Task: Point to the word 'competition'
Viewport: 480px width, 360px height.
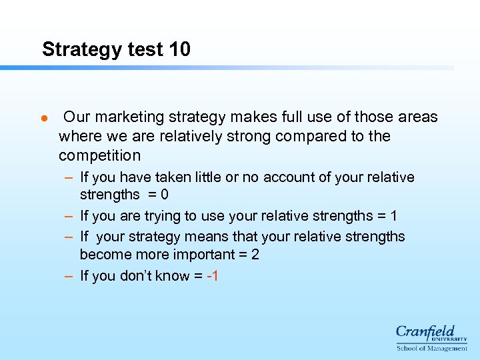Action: pyautogui.click(x=99, y=156)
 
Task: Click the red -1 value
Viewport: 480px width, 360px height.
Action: pyautogui.click(x=213, y=276)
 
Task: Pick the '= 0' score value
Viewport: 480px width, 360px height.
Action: pyautogui.click(x=159, y=195)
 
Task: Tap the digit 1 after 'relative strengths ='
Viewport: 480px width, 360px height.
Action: pyautogui.click(x=393, y=216)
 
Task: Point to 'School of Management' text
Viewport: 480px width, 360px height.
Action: pyautogui.click(x=432, y=348)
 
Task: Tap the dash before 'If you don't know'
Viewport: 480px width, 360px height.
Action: pyautogui.click(x=69, y=276)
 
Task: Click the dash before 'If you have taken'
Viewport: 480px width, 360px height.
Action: pyautogui.click(x=69, y=177)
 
